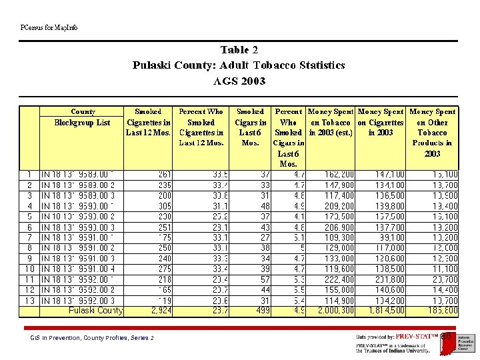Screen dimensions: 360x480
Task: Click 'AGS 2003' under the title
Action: [239, 81]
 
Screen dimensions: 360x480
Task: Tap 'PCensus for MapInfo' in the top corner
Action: [49, 27]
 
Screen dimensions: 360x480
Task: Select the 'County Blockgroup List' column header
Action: [83, 117]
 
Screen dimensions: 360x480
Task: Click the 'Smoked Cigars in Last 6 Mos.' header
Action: [250, 127]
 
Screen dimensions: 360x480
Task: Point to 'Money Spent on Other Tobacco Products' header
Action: [432, 132]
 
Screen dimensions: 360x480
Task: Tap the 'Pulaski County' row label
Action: [95, 311]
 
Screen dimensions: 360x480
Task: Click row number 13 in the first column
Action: [29, 301]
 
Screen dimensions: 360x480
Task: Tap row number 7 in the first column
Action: [29, 237]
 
